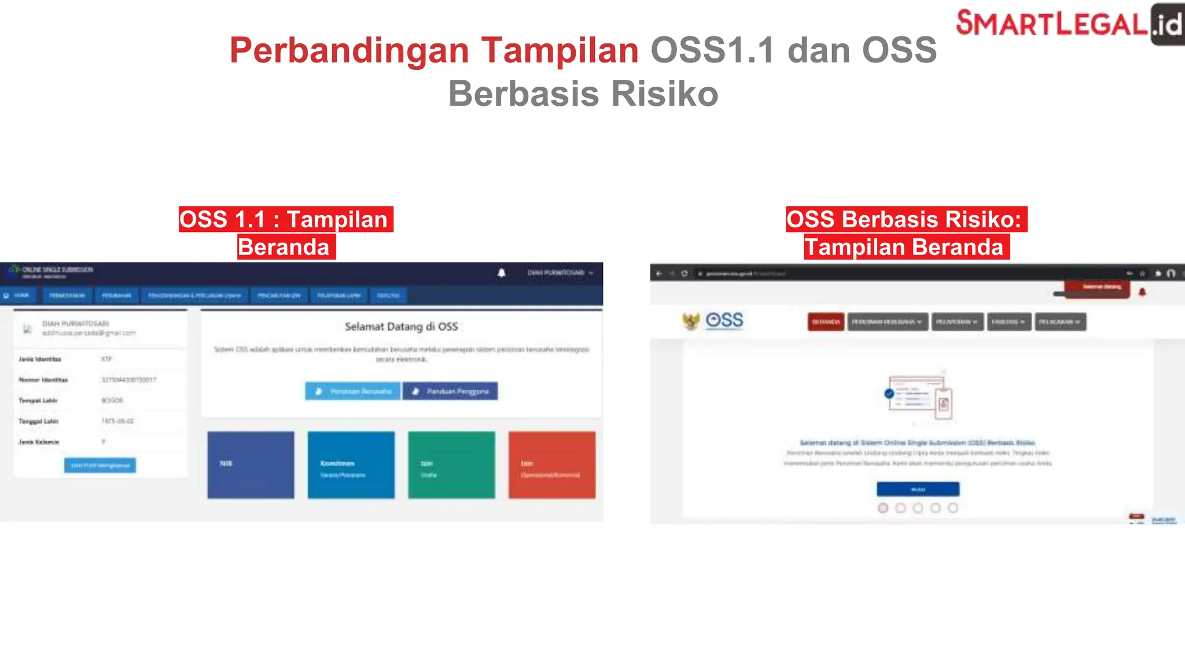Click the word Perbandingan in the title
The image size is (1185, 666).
pos(349,50)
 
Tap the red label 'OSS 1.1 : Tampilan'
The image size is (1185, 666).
pos(285,220)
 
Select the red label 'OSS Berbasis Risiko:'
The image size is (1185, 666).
pos(906,220)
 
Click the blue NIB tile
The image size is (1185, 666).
pos(251,465)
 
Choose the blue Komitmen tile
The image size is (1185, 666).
pos(351,465)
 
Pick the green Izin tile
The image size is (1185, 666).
pos(451,465)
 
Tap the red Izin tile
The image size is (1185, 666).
pos(551,465)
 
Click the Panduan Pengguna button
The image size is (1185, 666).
pos(450,391)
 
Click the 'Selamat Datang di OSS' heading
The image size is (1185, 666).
pos(401,327)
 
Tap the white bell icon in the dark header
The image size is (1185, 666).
pos(502,273)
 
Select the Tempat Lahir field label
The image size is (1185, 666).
pos(38,401)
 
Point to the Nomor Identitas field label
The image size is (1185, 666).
pos(43,380)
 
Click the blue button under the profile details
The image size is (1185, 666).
pos(100,465)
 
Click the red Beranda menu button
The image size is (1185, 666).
pos(826,322)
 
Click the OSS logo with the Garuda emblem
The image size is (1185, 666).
pos(713,321)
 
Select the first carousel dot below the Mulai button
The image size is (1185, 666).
pos(883,508)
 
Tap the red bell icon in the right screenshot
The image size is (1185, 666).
pos(1142,293)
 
